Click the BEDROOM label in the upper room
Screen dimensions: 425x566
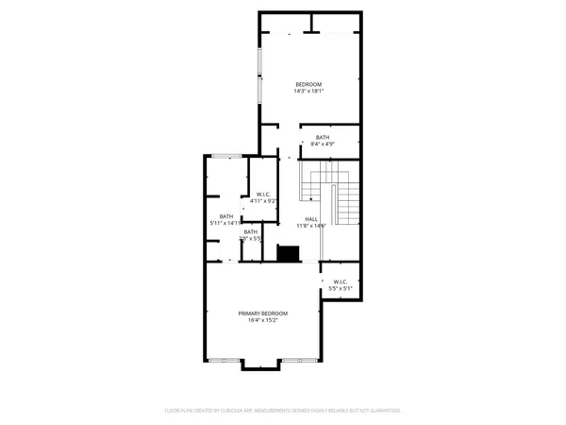[x=308, y=85]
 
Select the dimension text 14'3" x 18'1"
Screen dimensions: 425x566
[x=308, y=92]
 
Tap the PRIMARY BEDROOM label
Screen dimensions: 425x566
[x=263, y=314]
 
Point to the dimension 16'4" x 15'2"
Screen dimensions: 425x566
[x=263, y=320]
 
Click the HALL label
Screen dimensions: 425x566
[x=311, y=219]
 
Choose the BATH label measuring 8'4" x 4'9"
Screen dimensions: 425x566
[x=323, y=138]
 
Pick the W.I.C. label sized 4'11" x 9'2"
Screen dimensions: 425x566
[x=264, y=195]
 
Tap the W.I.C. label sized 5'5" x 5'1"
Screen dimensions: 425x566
[x=340, y=281]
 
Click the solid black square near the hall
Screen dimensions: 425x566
[x=289, y=253]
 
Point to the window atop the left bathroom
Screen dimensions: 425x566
[x=225, y=156]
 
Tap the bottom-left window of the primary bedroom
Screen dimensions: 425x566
[x=224, y=360]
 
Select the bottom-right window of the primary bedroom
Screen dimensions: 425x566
[x=300, y=360]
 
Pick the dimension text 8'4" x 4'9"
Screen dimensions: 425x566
[x=323, y=144]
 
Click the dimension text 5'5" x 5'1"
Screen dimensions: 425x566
[x=340, y=288]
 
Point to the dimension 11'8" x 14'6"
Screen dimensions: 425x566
[x=311, y=226]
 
